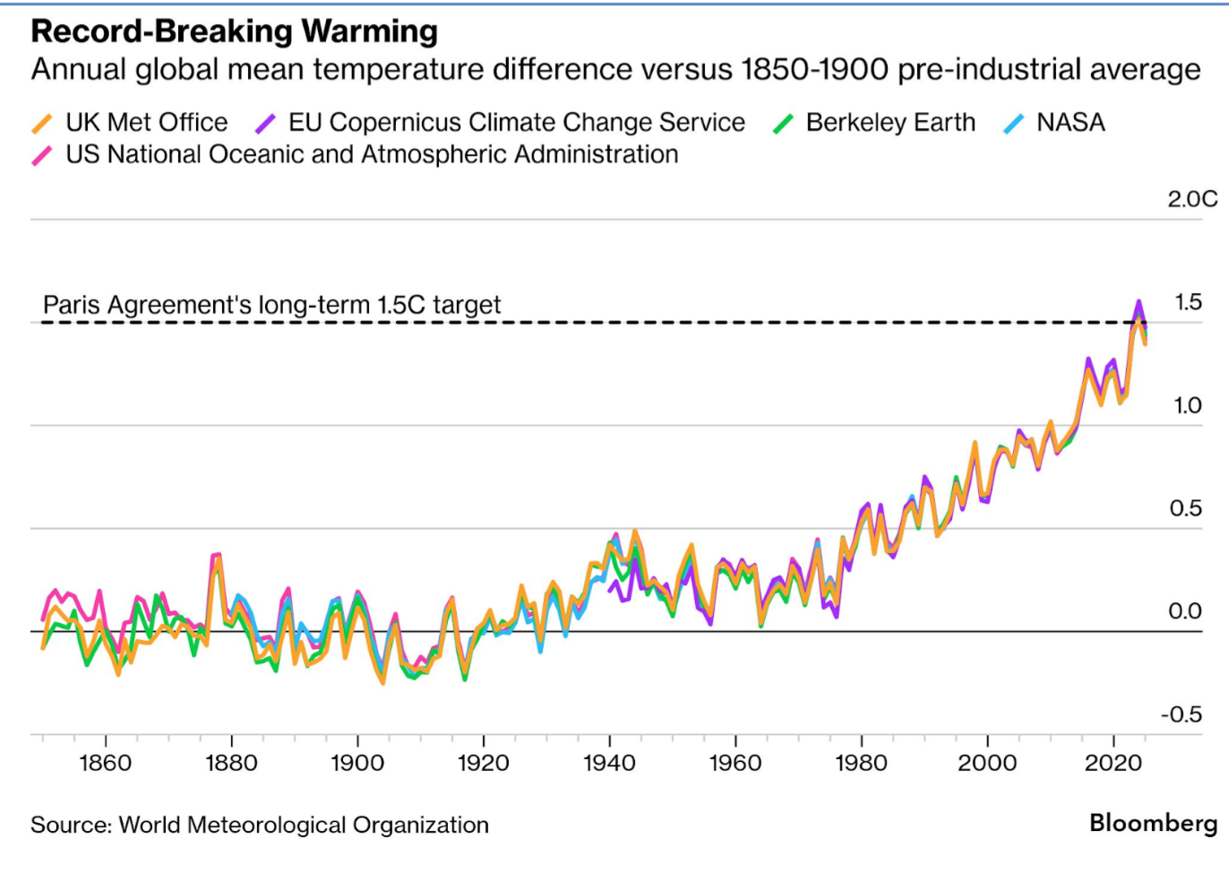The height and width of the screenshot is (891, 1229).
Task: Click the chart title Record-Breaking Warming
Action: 234,31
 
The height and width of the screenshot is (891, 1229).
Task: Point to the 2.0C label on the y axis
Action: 1191,199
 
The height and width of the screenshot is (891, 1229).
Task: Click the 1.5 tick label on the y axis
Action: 1188,303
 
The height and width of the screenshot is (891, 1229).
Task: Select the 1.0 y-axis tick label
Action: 1188,406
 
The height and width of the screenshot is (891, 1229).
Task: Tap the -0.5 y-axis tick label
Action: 1182,715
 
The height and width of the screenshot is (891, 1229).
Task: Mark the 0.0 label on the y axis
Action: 1185,611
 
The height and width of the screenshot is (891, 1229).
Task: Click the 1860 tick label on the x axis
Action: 106,764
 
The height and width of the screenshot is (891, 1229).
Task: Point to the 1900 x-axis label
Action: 357,764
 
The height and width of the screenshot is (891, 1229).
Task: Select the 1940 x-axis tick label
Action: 609,764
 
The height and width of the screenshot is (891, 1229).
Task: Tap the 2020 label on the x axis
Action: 1113,764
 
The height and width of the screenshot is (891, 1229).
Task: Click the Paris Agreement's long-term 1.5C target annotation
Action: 271,306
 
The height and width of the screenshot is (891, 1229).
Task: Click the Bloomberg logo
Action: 1153,823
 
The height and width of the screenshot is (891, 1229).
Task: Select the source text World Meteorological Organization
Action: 304,826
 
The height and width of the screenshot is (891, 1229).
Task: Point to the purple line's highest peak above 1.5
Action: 1139,302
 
